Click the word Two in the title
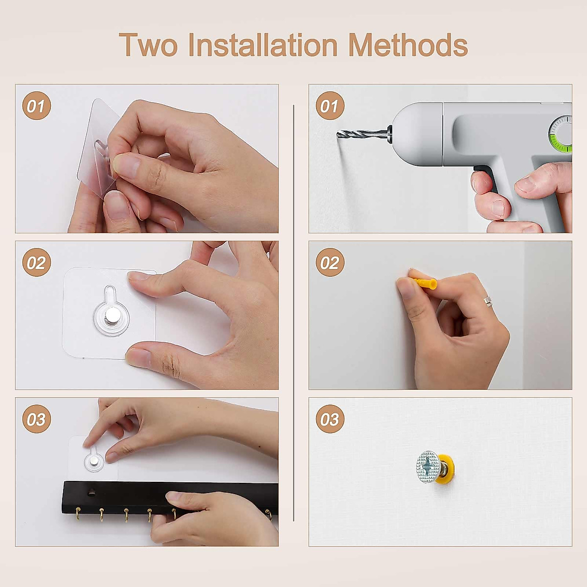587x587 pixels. click(x=148, y=45)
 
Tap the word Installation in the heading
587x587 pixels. click(x=263, y=45)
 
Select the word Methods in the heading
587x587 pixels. click(x=408, y=45)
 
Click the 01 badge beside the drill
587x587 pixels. click(x=330, y=106)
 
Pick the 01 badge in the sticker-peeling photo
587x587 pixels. click(x=37, y=106)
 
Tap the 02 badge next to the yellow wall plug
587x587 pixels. click(x=330, y=262)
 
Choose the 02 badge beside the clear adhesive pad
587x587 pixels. click(x=37, y=262)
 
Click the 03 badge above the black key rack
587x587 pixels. click(x=37, y=419)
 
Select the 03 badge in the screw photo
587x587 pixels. click(x=330, y=419)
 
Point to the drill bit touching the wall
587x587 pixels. click(x=362, y=134)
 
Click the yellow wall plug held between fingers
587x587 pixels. click(x=424, y=283)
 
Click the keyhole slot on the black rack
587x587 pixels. click(x=91, y=492)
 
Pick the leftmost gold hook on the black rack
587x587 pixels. click(x=78, y=514)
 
